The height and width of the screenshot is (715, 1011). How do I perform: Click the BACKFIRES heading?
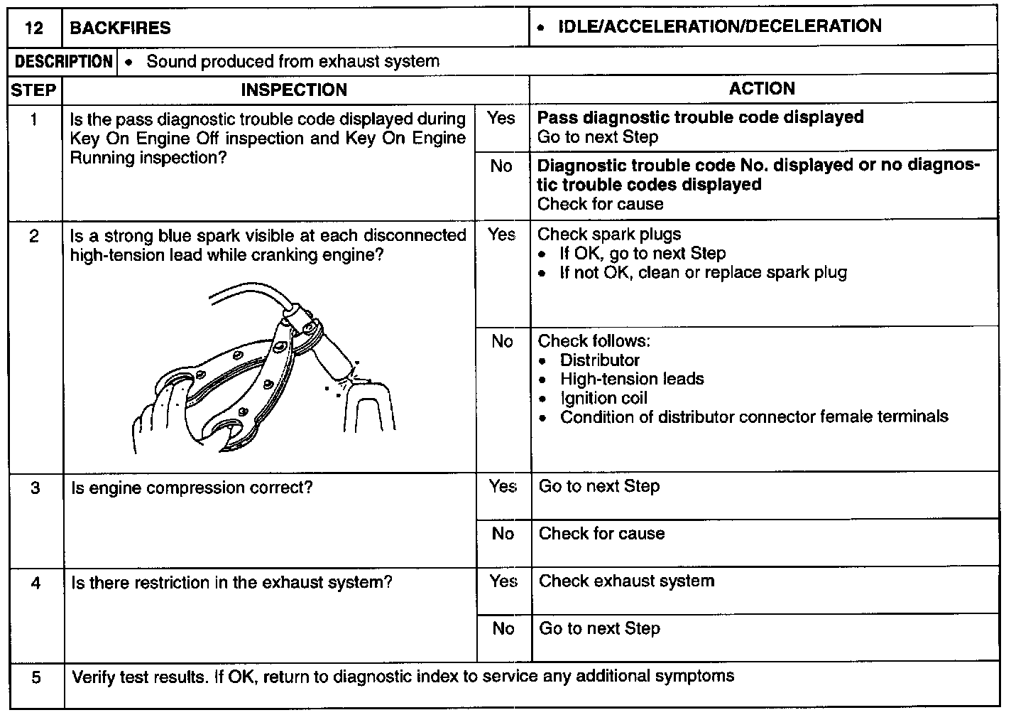point(120,28)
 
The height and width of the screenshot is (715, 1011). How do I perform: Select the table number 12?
point(33,28)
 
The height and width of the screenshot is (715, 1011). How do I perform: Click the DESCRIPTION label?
point(64,62)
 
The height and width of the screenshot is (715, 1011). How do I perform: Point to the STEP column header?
point(33,90)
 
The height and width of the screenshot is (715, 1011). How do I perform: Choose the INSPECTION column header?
point(294,90)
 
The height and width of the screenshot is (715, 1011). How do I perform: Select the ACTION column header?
point(762,89)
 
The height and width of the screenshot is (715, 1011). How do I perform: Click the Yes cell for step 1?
point(501,119)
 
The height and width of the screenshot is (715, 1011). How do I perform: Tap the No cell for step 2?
point(502,342)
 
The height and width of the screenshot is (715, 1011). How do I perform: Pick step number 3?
point(35,488)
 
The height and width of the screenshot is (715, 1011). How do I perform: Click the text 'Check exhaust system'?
point(626,581)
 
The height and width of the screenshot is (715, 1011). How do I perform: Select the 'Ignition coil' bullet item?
point(603,398)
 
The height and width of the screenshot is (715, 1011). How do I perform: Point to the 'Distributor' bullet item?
point(599,360)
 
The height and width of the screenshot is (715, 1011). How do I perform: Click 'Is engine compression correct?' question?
point(192,488)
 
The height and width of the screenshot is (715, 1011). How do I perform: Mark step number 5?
point(36,677)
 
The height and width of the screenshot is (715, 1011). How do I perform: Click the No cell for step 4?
point(503,628)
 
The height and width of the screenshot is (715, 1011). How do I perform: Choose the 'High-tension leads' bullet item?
point(631,379)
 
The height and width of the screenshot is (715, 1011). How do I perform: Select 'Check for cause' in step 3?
point(601,534)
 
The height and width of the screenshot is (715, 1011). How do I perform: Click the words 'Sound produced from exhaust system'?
point(293,62)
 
